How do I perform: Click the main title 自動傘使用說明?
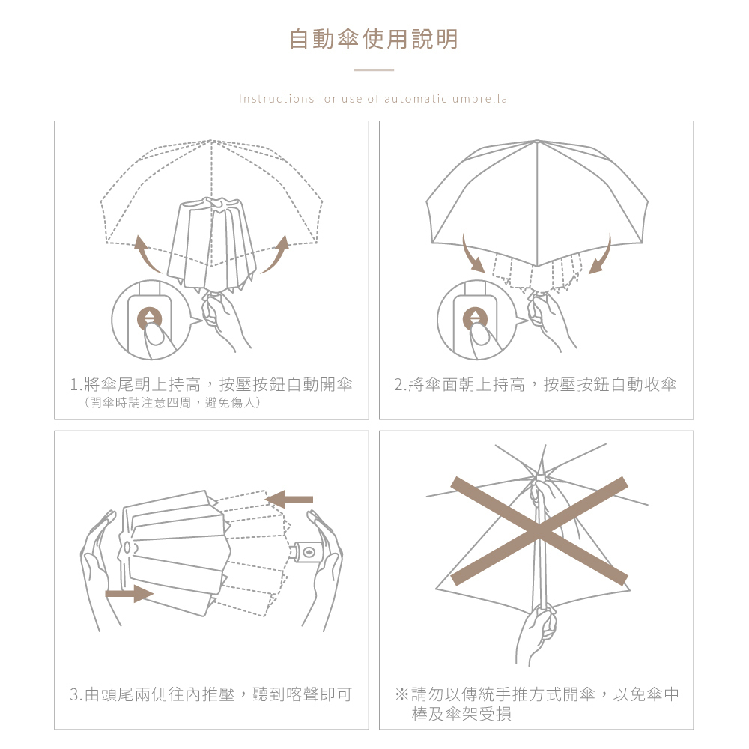point(373,39)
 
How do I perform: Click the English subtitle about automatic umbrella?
point(373,99)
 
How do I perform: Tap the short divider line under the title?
point(373,70)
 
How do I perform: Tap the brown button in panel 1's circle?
point(150,318)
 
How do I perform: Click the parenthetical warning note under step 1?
point(172,404)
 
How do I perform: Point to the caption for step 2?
point(536,385)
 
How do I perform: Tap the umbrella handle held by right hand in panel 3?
point(309,551)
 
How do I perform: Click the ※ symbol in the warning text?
point(401,695)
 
